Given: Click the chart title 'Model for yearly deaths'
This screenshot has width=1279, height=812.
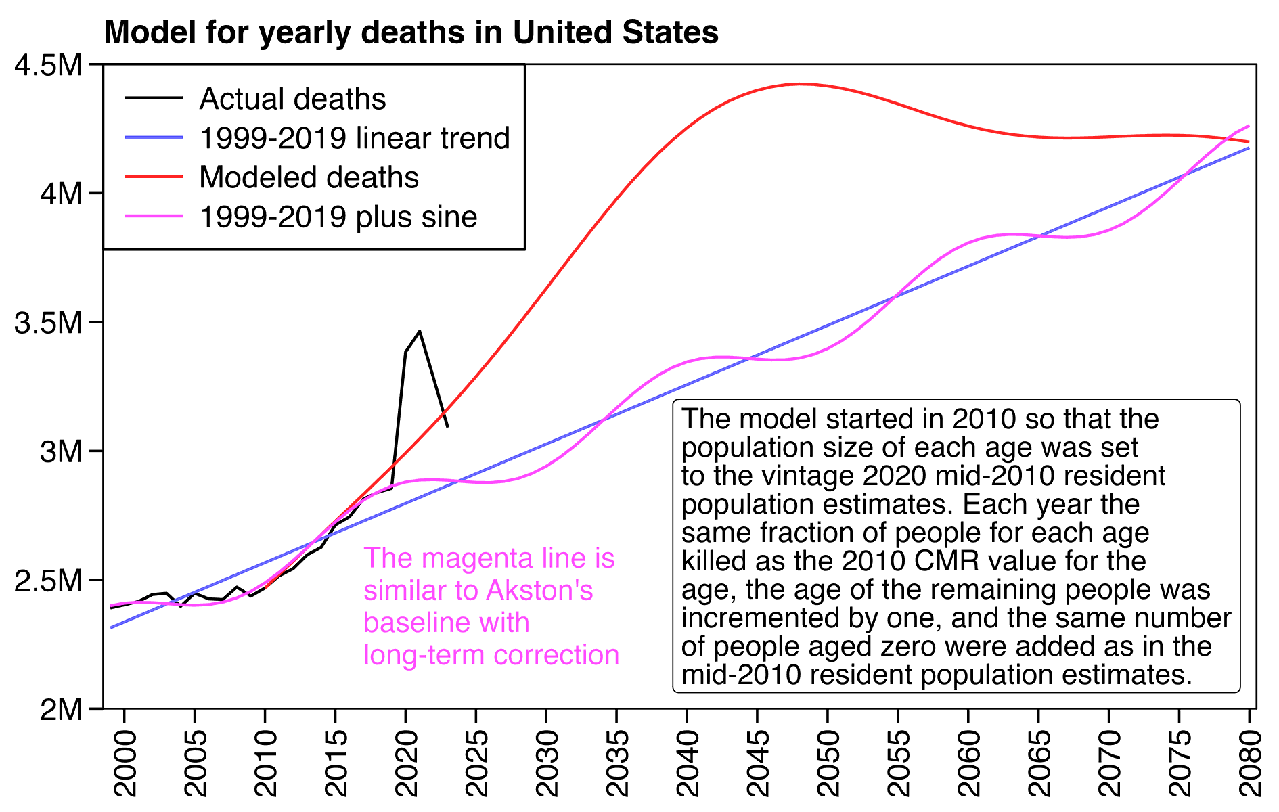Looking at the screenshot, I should tap(411, 32).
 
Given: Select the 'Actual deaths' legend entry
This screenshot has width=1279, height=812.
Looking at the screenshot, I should tap(292, 99).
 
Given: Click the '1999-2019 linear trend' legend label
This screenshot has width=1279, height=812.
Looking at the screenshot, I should tap(355, 138).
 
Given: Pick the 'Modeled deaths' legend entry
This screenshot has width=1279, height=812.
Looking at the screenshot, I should tap(309, 177).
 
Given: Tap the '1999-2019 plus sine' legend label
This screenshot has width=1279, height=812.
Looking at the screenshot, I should tap(338, 217).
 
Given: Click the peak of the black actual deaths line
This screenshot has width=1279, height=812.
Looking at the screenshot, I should tap(420, 331).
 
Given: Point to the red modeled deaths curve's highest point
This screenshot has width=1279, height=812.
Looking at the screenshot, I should tap(801, 84).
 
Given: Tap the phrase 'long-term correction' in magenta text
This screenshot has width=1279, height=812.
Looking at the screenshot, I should tap(491, 655).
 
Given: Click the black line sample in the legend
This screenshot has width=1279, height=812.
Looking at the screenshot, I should tap(154, 99).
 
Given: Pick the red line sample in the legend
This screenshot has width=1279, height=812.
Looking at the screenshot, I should tap(154, 177).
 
